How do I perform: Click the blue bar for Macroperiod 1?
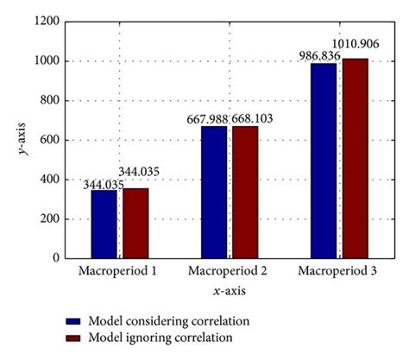pyautogui.click(x=104, y=224)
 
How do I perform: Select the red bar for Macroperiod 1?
pyautogui.click(x=135, y=223)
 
